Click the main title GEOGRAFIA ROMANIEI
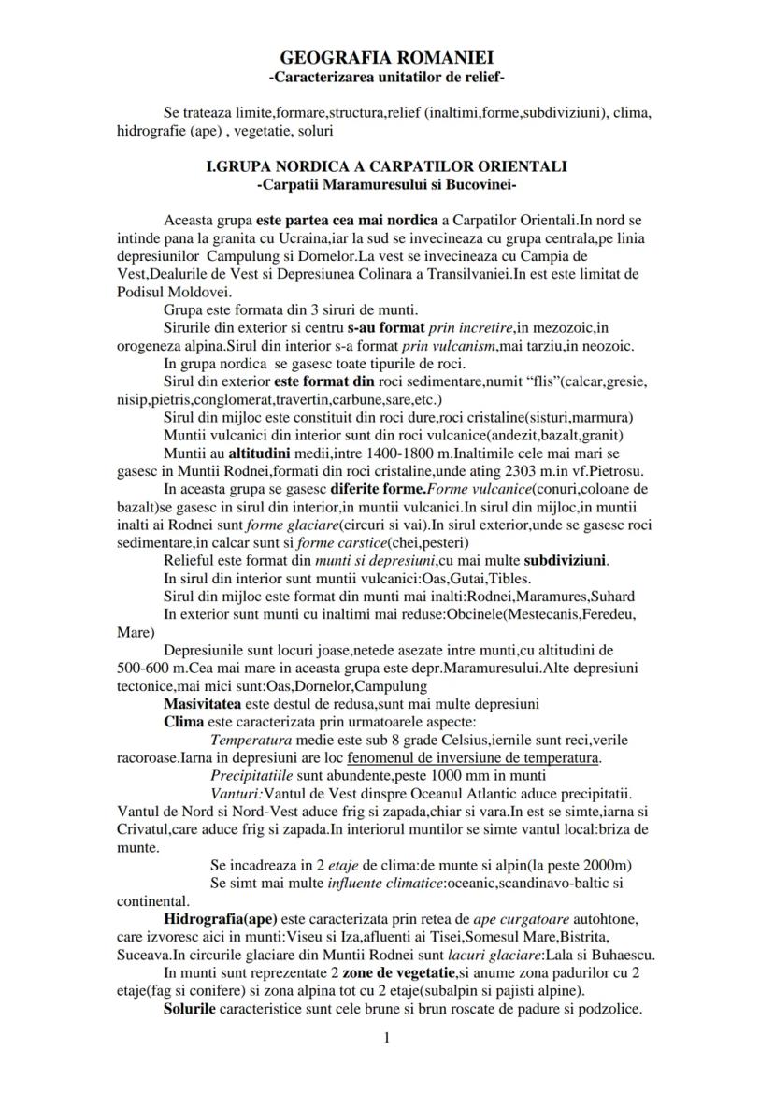[386, 58]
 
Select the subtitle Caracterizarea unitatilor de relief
[386, 75]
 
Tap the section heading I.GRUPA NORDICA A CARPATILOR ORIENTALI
[386, 166]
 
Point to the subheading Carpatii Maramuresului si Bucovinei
[386, 183]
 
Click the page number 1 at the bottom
[386, 1037]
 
